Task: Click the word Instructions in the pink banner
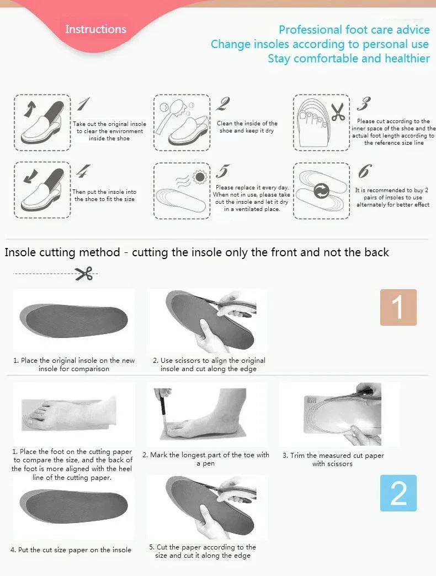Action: click(95, 29)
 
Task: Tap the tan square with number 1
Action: click(398, 307)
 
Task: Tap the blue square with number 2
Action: click(398, 493)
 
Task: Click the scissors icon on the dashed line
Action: click(84, 273)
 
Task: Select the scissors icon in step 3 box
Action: click(338, 112)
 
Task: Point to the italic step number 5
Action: click(223, 171)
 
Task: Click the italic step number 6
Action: click(364, 171)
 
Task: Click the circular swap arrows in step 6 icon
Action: click(321, 192)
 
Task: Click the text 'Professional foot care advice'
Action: click(354, 30)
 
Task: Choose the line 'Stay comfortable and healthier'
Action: click(348, 59)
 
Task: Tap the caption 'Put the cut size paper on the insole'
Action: click(71, 549)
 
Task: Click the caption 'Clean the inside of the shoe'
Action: click(247, 127)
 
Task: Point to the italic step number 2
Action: click(224, 103)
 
